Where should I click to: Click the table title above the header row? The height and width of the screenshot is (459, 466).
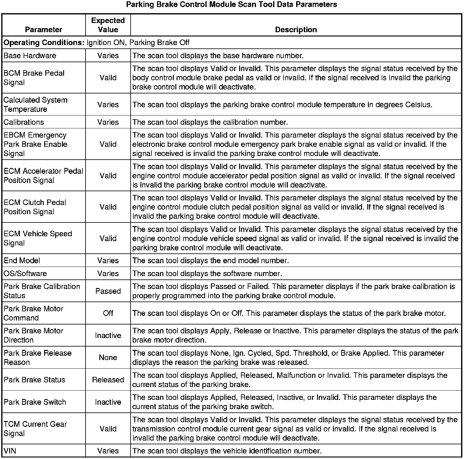click(231, 5)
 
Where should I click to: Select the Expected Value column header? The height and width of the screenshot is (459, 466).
click(108, 25)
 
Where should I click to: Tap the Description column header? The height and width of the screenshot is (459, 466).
click(296, 30)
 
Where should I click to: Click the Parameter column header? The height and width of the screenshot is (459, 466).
click(44, 30)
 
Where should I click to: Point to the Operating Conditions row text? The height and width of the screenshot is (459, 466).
click(97, 43)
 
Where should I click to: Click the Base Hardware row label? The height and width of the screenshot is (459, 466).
click(30, 56)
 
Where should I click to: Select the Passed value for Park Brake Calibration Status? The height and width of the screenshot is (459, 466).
click(108, 291)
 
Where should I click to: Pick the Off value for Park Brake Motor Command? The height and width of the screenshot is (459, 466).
click(108, 313)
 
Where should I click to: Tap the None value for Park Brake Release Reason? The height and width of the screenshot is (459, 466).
click(108, 358)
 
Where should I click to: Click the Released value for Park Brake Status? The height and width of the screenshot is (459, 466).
click(108, 380)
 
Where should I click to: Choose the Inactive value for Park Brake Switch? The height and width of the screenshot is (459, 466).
click(108, 402)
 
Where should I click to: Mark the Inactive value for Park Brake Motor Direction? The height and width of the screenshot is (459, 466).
click(108, 336)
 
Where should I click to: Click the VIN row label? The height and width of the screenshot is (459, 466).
click(10, 451)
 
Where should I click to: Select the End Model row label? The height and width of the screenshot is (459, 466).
click(22, 261)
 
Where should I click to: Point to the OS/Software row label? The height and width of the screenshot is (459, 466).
click(25, 274)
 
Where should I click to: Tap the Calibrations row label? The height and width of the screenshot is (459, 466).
click(24, 122)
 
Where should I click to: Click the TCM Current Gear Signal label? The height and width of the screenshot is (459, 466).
click(35, 429)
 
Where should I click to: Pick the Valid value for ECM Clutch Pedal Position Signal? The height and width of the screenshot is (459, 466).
click(108, 207)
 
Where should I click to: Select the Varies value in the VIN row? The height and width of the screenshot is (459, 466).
click(108, 451)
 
